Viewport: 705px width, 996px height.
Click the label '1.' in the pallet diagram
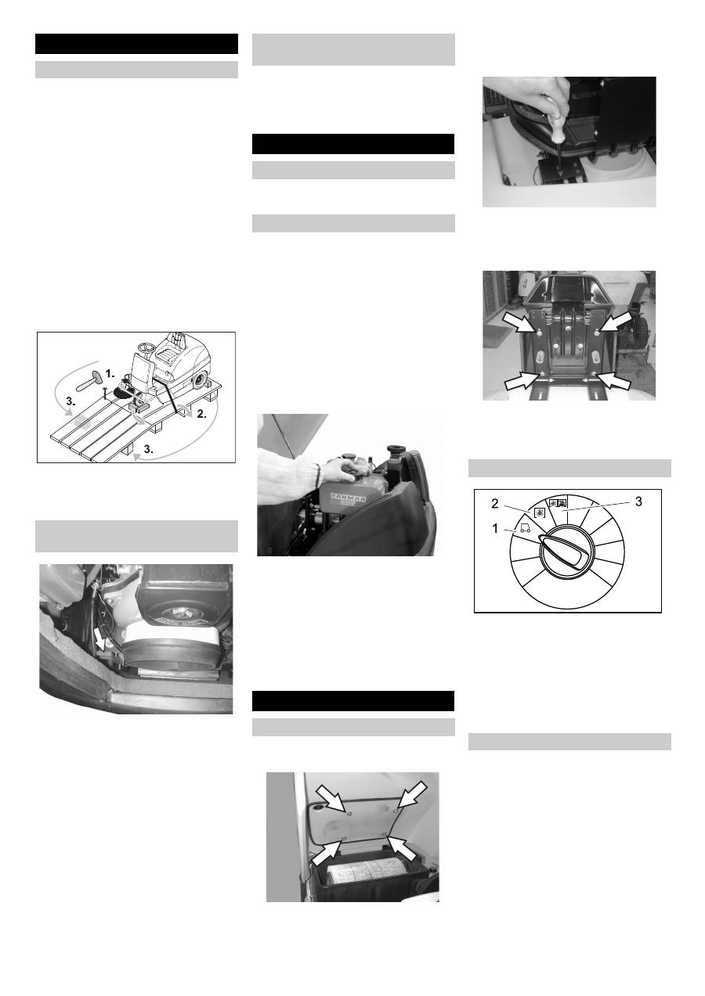[110, 373]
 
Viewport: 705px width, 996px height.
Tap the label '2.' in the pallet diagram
[201, 414]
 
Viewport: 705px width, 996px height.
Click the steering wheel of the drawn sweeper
[145, 347]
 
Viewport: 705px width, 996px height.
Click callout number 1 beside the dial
[495, 529]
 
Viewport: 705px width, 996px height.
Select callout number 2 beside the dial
[495, 503]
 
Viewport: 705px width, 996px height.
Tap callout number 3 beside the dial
[638, 502]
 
